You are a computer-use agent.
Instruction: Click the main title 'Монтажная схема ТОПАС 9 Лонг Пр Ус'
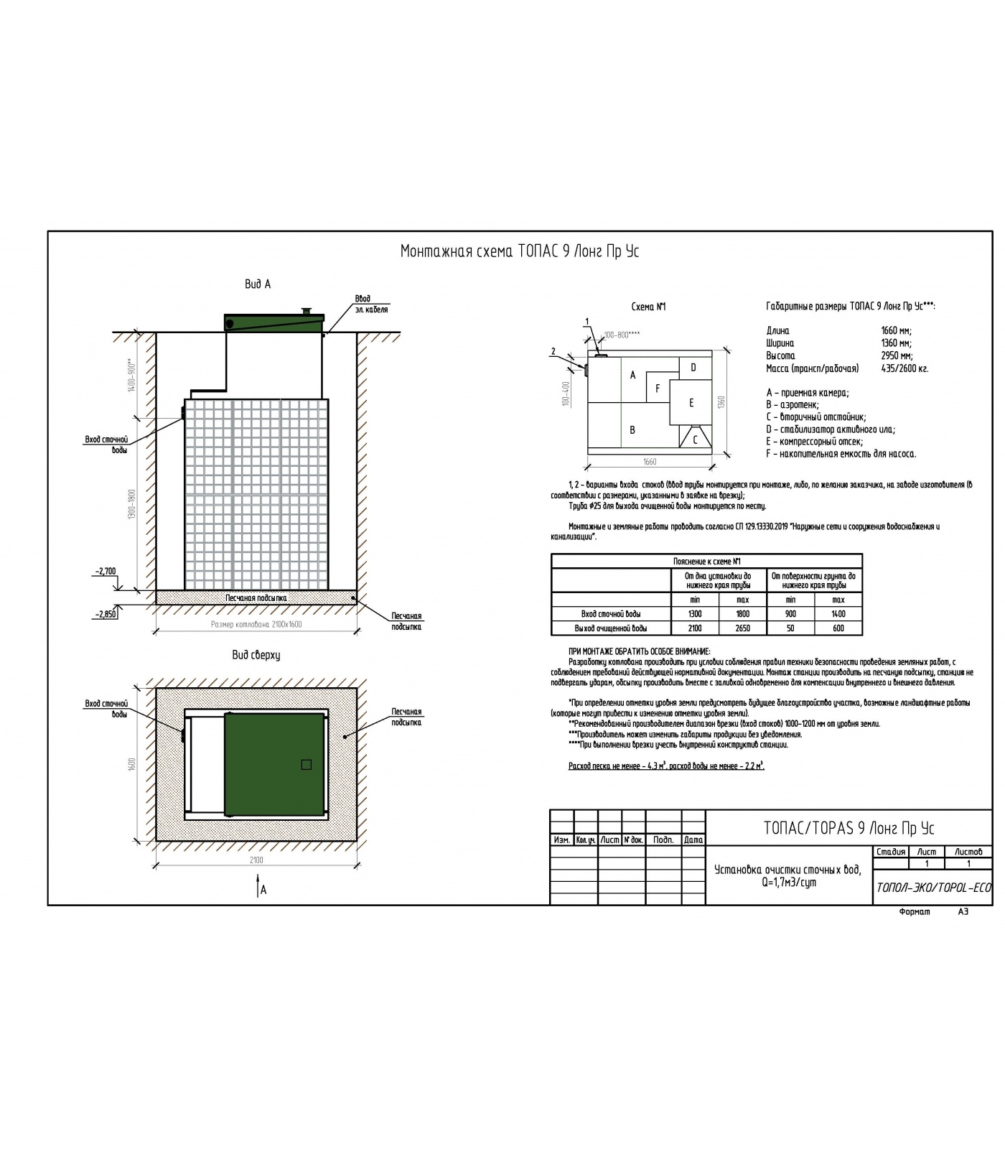click(519, 251)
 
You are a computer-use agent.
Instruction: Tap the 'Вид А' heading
click(258, 284)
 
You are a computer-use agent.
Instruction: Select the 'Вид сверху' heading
click(256, 655)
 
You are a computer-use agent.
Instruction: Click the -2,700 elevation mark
click(105, 572)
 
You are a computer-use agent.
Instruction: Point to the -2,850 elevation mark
click(105, 614)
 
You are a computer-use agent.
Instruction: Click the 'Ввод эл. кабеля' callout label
click(371, 304)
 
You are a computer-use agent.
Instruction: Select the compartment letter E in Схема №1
click(691, 403)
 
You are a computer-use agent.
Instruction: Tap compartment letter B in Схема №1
click(632, 430)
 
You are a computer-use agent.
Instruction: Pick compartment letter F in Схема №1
click(658, 389)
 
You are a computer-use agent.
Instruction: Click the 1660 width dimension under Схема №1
click(650, 462)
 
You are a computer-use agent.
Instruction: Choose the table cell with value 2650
click(743, 628)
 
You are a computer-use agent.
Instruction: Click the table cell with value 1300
click(694, 614)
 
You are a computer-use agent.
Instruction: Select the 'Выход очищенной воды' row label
click(610, 628)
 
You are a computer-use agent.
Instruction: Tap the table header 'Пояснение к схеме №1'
click(706, 562)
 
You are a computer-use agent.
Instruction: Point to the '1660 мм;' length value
click(896, 331)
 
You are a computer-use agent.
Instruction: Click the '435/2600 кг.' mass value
click(904, 368)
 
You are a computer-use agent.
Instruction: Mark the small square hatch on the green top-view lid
click(306, 765)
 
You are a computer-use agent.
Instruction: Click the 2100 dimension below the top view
click(256, 860)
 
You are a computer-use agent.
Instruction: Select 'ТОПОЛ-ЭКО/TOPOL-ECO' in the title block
click(933, 888)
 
